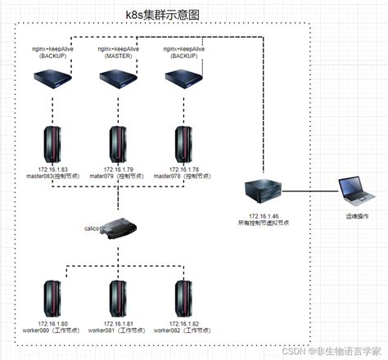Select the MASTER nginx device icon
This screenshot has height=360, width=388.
pos(117,79)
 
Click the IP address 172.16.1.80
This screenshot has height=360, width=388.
pos(53,324)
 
